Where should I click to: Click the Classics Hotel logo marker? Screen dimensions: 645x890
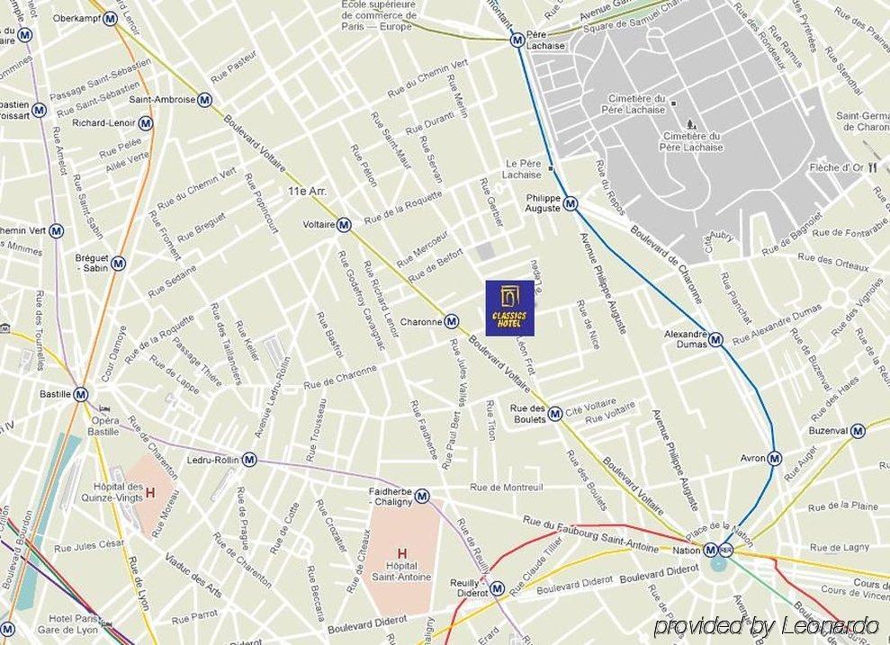coord(510,308)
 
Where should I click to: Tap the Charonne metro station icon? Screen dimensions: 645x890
coord(452,321)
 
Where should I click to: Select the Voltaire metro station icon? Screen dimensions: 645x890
coord(344,225)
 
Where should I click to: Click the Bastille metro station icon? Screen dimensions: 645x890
coord(81,394)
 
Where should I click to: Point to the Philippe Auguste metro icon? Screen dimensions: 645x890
coord(571,204)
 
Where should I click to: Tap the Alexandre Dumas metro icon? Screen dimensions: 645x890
coord(715,339)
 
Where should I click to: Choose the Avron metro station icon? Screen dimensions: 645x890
coord(774,458)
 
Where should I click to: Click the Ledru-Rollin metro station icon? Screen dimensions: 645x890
coord(249,460)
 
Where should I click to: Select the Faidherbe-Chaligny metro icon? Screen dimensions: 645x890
coord(422,496)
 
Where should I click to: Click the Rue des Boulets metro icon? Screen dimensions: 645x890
coord(555,413)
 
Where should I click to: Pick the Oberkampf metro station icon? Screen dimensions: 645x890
coord(110,18)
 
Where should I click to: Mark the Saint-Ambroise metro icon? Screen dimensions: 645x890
coord(205,100)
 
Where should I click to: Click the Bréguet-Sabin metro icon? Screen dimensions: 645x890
coord(118,264)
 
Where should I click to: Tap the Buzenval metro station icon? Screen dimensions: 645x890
coord(858,431)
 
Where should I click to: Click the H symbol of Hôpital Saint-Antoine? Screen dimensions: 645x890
coord(402,553)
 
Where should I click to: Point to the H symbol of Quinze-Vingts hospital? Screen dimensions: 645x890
coord(150,492)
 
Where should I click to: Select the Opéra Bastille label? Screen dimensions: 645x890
coord(103,426)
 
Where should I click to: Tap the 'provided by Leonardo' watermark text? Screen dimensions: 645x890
coord(766,626)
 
